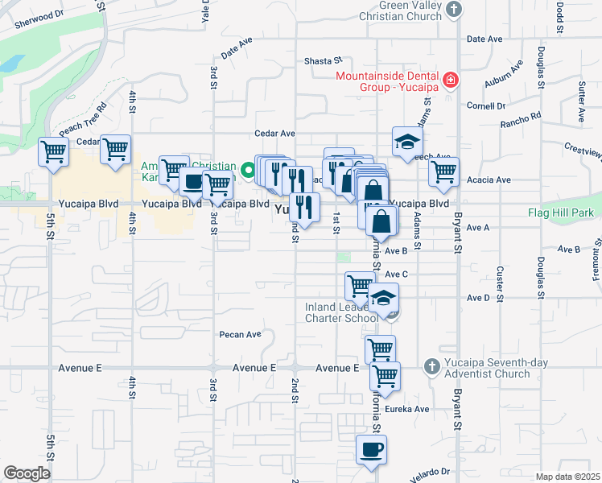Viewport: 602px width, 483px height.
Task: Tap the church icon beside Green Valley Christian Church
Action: click(x=454, y=10)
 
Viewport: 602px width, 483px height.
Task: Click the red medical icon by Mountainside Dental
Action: click(x=451, y=80)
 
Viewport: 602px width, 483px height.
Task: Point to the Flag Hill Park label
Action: click(x=560, y=213)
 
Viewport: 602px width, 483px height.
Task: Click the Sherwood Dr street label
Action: click(x=37, y=19)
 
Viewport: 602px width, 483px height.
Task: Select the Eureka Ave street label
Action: click(x=410, y=409)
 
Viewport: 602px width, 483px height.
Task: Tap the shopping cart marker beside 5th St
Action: click(x=53, y=151)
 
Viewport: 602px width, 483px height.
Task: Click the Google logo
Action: click(x=27, y=473)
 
